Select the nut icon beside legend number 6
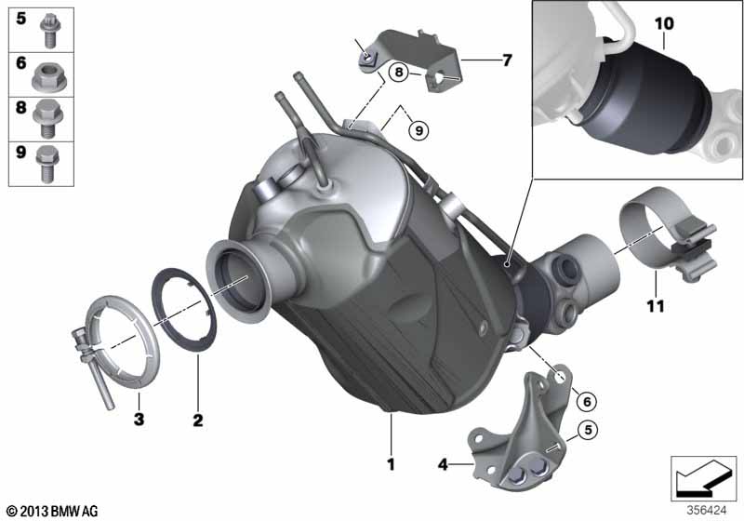point(46,73)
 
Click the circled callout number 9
point(418,131)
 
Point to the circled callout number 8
point(398,71)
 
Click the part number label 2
point(197,421)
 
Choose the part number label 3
point(138,421)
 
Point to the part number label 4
point(443,462)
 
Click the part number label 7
point(507,60)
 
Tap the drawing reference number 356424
point(708,509)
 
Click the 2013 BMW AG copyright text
point(51,511)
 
